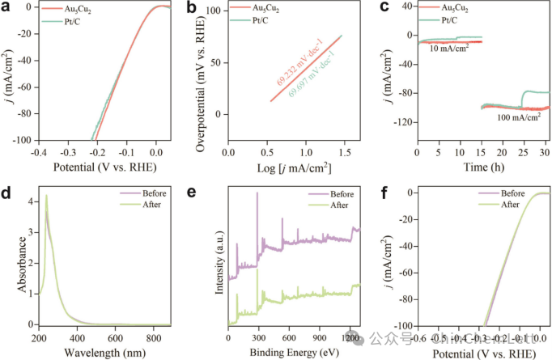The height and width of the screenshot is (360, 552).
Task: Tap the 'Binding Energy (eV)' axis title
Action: tap(293, 352)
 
